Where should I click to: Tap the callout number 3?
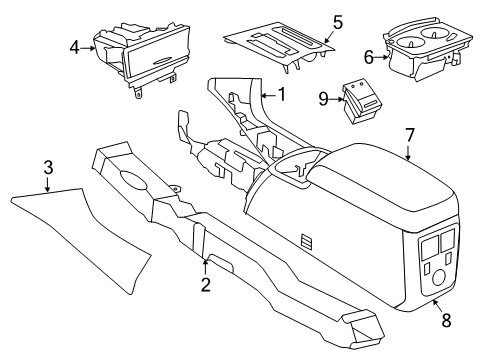(x=47, y=179)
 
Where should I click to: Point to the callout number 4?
(x=75, y=45)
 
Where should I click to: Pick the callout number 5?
(x=309, y=21)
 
